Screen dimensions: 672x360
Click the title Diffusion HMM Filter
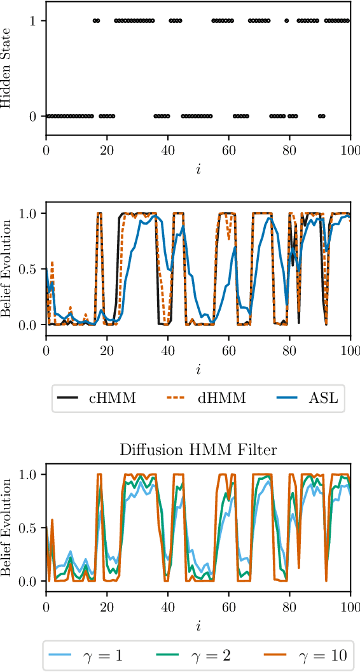198,451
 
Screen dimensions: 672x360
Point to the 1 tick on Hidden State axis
32,21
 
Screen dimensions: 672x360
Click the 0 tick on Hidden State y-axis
32,116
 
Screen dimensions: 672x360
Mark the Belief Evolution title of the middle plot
7,269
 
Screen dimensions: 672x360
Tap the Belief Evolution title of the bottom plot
7,528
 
